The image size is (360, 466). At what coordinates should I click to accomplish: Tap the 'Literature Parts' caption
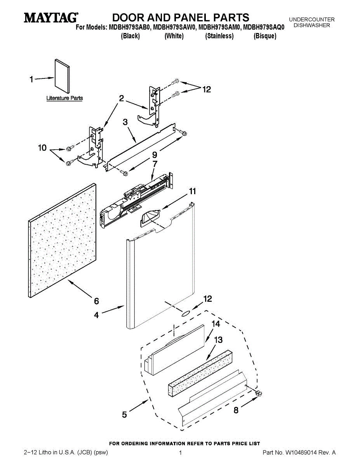pyautogui.click(x=64, y=98)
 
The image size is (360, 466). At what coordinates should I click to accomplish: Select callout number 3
pyautogui.click(x=125, y=122)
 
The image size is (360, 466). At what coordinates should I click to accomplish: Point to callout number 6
pyautogui.click(x=96, y=301)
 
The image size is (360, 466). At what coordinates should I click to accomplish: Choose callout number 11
pyautogui.click(x=193, y=191)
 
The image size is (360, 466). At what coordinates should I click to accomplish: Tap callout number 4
pyautogui.click(x=96, y=315)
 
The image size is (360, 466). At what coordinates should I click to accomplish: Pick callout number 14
pyautogui.click(x=216, y=323)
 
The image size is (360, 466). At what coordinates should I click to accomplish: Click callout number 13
pyautogui.click(x=218, y=340)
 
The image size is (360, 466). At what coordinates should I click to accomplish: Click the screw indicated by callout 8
pyautogui.click(x=259, y=394)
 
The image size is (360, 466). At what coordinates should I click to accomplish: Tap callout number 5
pyautogui.click(x=124, y=415)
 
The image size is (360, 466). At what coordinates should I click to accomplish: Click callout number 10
pyautogui.click(x=42, y=148)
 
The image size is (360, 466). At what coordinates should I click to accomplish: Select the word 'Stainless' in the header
pyautogui.click(x=219, y=36)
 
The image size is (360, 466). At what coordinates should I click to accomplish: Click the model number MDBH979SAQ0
pyautogui.click(x=264, y=27)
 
